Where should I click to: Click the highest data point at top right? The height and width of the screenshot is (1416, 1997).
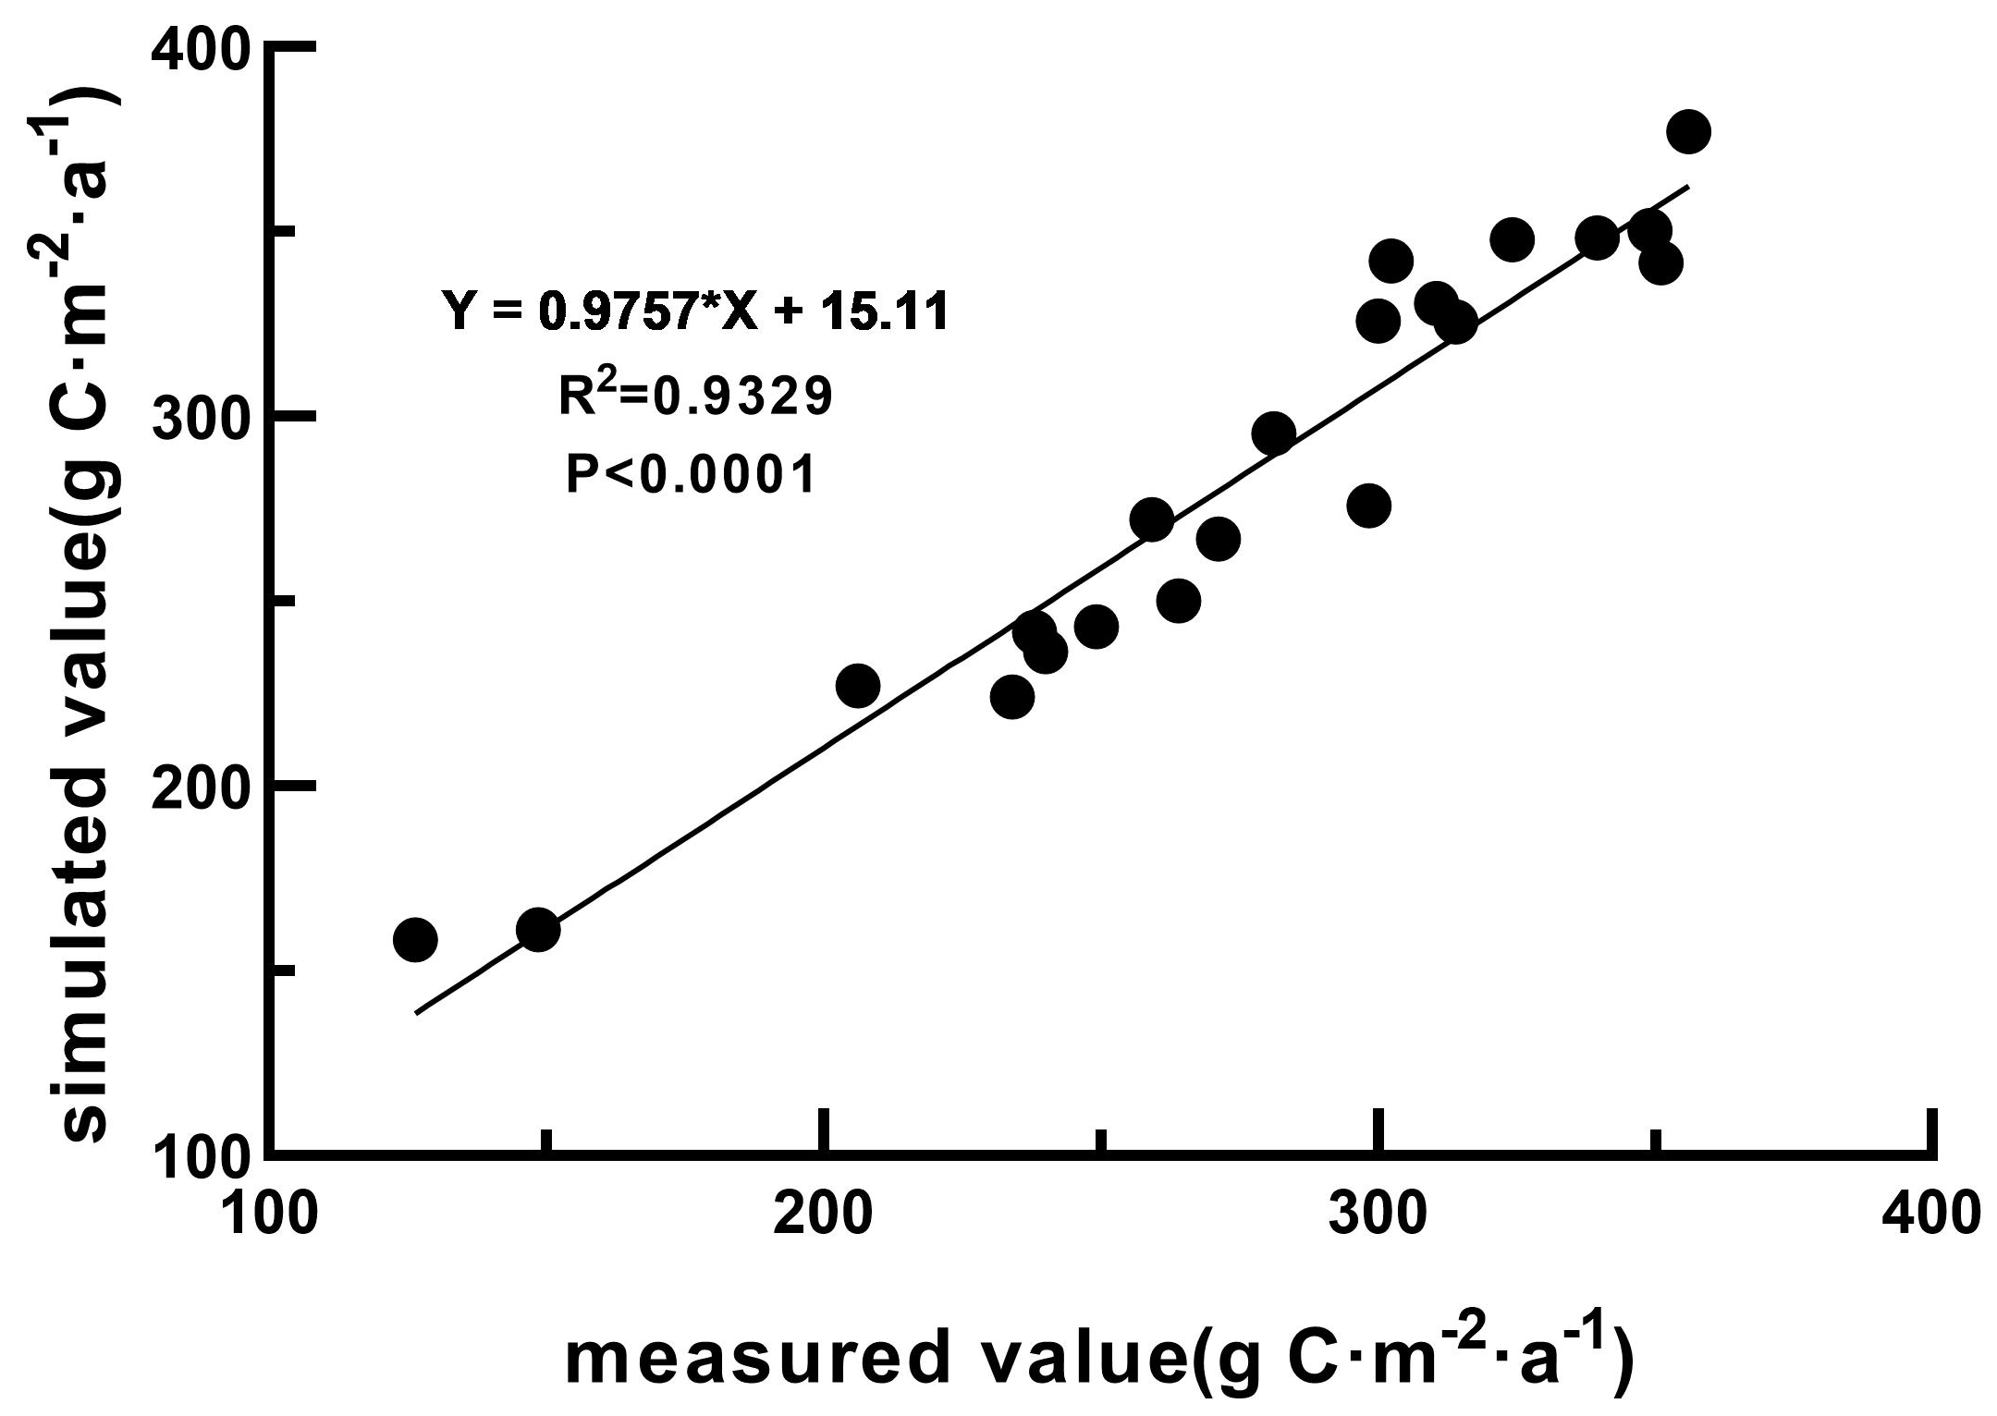[1688, 132]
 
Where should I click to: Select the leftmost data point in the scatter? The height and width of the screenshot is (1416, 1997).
[415, 940]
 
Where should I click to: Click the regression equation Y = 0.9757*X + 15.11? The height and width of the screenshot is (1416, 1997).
[695, 311]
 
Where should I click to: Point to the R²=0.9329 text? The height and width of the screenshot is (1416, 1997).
[695, 396]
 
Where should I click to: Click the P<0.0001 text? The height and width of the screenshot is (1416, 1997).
[691, 475]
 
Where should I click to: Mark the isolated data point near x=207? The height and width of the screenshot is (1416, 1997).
[857, 686]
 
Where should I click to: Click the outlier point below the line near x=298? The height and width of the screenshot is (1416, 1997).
[1369, 506]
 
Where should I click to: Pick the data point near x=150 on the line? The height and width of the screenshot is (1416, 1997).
[538, 929]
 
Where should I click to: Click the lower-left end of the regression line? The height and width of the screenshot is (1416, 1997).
[418, 1013]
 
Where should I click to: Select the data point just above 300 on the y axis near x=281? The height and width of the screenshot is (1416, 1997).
[1273, 433]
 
